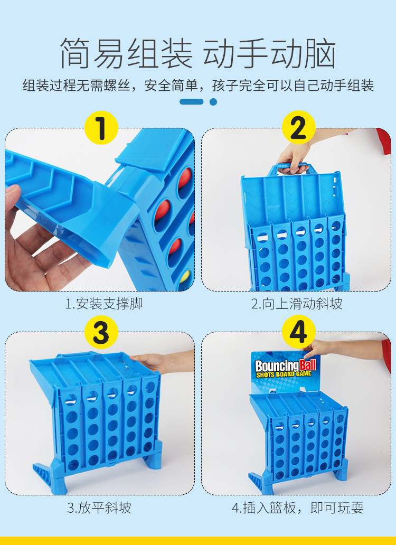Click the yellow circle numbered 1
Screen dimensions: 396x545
pos(101,128)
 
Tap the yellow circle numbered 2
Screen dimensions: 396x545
pos(298,128)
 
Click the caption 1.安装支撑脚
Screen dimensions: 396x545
pos(104,304)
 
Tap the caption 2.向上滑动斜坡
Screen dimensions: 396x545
pos(297,304)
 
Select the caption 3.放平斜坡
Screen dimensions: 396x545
pos(99,508)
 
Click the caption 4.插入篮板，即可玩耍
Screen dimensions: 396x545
pos(298,508)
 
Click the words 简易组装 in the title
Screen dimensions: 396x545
pos(126,53)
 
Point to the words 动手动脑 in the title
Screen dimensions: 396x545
pos(269,53)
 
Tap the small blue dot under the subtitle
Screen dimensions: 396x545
pos(213,102)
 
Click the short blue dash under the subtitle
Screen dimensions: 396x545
pos(191,101)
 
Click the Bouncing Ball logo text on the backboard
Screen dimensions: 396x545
pos(286,369)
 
